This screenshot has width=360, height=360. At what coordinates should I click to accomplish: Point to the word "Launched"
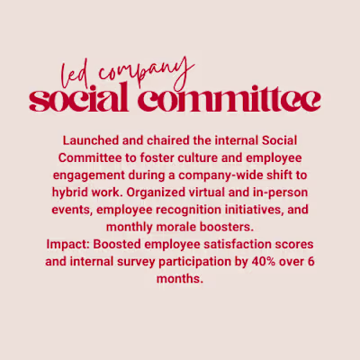[x=91, y=141]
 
